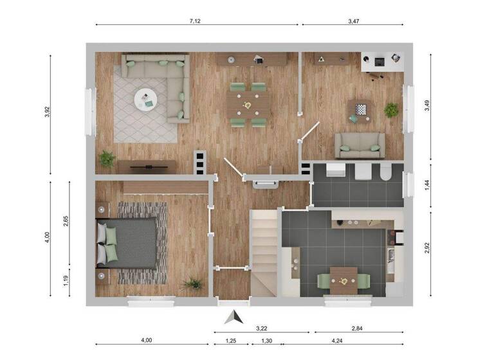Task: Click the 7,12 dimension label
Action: click(x=195, y=21)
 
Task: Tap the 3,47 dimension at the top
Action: click(x=354, y=21)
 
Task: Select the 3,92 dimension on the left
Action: click(x=46, y=112)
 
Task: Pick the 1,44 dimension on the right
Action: click(x=427, y=186)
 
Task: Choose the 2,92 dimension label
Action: click(x=427, y=248)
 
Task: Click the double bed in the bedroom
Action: click(x=127, y=243)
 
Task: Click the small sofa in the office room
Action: click(x=359, y=145)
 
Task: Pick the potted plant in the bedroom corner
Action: click(x=192, y=283)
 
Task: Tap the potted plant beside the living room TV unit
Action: click(x=107, y=158)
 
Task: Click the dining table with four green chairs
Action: click(x=248, y=104)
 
